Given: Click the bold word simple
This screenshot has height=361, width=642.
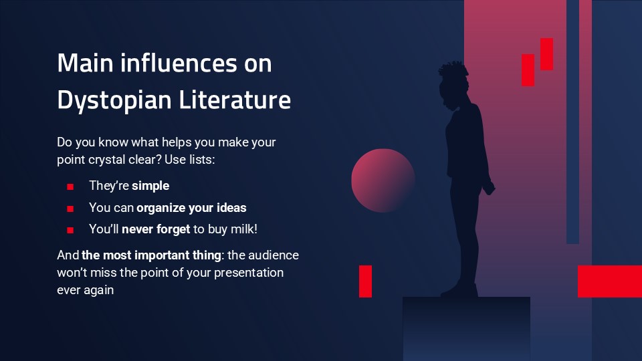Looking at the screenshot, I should pos(150,185).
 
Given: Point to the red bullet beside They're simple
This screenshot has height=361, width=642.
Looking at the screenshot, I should pos(70,187).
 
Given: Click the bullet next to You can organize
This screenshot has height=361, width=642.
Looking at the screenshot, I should pos(70,209).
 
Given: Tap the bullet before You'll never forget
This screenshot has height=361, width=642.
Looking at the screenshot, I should pos(70,230).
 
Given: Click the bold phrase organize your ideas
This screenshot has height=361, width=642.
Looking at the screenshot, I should pos(191,207).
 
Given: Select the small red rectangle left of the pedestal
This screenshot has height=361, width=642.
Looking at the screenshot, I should pos(365,281).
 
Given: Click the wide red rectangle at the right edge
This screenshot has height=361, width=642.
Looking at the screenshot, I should pos(609,281).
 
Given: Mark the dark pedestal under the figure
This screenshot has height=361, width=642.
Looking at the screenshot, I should pos(466,328).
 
